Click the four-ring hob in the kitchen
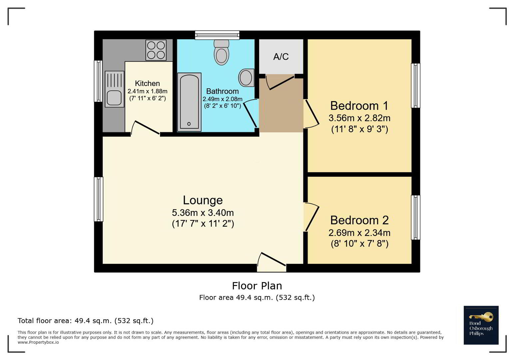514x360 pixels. coord(156,50)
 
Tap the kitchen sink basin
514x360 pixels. coord(114,98)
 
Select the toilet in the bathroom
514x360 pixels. coord(222,52)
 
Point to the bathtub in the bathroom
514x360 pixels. coord(189,102)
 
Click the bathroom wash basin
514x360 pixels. coord(246,78)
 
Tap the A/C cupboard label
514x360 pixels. coord(281,56)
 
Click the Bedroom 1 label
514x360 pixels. coord(359,106)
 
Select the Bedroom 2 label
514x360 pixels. coord(359,220)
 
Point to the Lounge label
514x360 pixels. coord(203,200)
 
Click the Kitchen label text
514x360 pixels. coord(147,83)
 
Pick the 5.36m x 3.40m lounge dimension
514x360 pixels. coord(203,213)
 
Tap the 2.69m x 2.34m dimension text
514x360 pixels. coord(359,233)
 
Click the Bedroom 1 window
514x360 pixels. coord(415,86)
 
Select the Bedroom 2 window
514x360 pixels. coord(415,217)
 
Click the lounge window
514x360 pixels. coord(99,199)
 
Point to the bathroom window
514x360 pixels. coord(217,35)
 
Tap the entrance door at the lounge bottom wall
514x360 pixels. coord(272,262)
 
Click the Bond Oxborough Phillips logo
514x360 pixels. coord(481,325)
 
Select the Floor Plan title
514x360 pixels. coord(257,286)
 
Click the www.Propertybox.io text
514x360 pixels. coord(38,342)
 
